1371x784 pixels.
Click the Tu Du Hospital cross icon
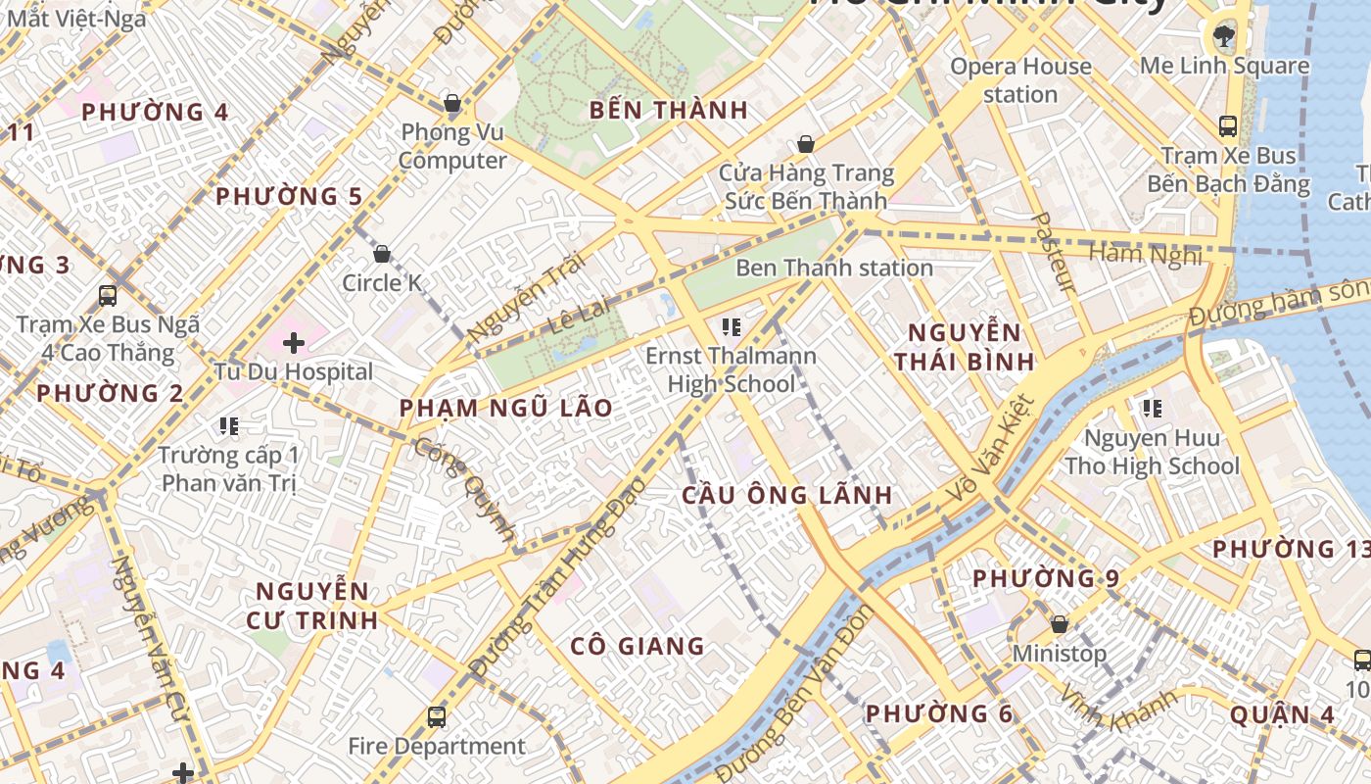[293, 343]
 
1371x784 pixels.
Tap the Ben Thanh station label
[833, 268]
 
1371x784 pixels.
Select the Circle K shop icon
[382, 254]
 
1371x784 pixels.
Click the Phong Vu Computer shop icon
[452, 103]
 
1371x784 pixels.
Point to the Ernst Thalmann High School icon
[731, 326]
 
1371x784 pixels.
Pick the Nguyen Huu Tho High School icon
[1152, 408]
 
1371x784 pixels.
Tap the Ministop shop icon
[1059, 624]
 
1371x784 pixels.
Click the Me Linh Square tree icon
[1223, 37]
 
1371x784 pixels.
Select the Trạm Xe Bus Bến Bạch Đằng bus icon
[1227, 126]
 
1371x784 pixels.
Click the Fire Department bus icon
[437, 717]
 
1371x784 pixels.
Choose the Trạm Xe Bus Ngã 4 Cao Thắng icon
[108, 295]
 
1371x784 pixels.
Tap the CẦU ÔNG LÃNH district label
[787, 496]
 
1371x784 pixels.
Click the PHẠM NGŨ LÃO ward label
[506, 409]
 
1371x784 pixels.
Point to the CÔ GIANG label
[638, 646]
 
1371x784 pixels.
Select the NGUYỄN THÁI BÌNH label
[965, 347]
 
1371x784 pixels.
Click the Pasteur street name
[1055, 252]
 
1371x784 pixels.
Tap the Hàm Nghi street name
[1145, 254]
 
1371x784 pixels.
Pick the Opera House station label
[1020, 80]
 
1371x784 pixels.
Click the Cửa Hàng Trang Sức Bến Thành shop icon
[806, 145]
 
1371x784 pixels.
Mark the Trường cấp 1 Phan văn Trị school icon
[229, 426]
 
